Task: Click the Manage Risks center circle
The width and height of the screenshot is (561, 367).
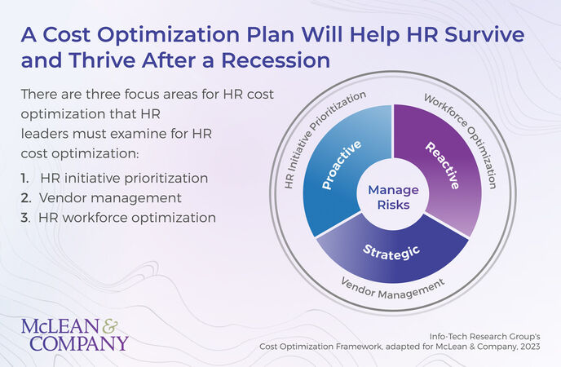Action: click(x=393, y=197)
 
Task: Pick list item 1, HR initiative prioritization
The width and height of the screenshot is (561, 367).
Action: click(x=114, y=178)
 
